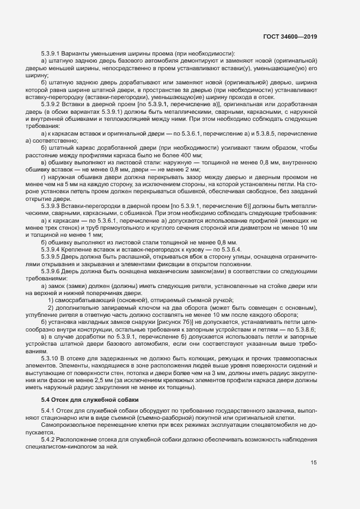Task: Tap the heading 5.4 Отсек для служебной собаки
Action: pyautogui.click(x=82, y=400)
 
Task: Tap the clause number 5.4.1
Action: pyautogui.click(x=48, y=409)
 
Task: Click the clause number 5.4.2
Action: pyautogui.click(x=48, y=438)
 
